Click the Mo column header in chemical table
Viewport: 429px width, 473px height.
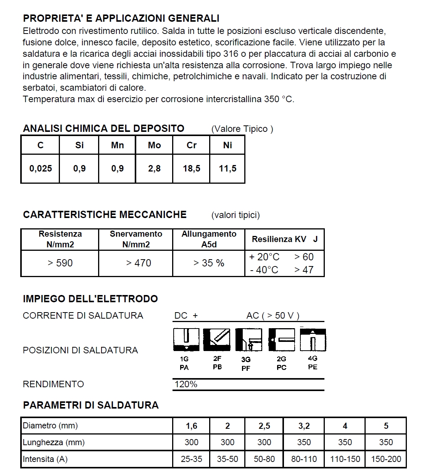coord(154,145)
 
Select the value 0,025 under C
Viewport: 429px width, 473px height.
coord(40,168)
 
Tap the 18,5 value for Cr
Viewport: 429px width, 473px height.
coord(192,168)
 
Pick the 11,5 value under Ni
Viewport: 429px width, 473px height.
coord(227,168)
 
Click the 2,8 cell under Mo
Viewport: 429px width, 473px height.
coord(154,168)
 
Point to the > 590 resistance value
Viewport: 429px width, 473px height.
coord(60,263)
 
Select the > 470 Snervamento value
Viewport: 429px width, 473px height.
coord(139,263)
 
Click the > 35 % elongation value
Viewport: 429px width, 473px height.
coord(209,263)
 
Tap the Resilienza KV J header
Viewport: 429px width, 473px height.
coord(284,239)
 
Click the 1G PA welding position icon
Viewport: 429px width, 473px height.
coord(186,340)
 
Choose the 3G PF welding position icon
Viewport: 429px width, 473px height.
coord(248,340)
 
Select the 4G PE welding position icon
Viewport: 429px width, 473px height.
coord(313,340)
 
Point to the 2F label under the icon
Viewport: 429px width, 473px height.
coord(217,359)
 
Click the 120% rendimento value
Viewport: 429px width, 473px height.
coord(186,384)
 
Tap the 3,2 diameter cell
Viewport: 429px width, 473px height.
coord(304,426)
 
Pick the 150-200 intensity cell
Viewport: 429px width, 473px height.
coord(386,459)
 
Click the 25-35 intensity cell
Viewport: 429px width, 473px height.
coord(191,459)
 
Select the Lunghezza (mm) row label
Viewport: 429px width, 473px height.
coord(54,443)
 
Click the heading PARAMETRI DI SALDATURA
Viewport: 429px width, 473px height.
coord(91,405)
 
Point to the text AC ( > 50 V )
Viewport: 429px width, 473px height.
coord(273,316)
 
